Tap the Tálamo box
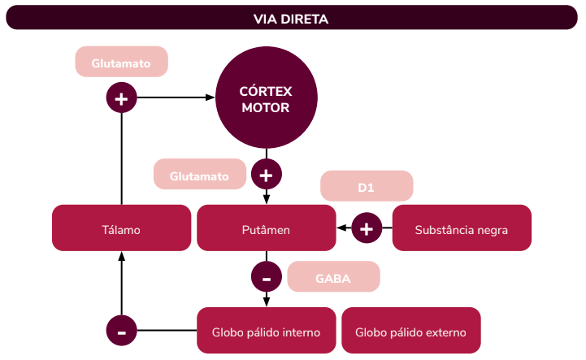pos(121,229)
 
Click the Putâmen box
pos(266,229)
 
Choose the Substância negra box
pos(461,229)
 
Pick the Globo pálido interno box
pos(266,332)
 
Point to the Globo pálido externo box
pos(411,332)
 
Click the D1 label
pos(367,187)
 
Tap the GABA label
pos(333,277)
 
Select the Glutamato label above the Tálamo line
pos(121,62)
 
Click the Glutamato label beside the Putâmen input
pos(199,175)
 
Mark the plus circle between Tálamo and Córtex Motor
pos(121,99)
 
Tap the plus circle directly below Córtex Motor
pos(266,174)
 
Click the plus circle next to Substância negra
pos(367,229)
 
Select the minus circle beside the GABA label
pos(266,277)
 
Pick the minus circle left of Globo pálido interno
pos(121,332)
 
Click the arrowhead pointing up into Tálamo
pos(121,256)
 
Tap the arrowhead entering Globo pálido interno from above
pos(266,302)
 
